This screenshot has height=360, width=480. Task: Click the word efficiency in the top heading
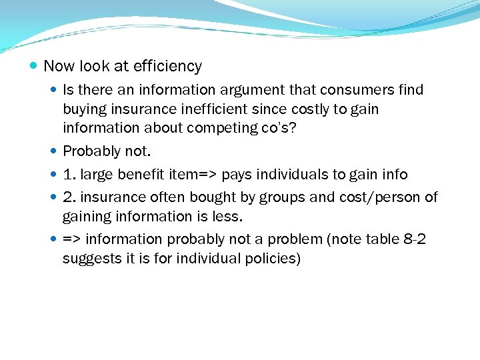pos(167,66)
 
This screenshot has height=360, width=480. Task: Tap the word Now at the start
pos(59,66)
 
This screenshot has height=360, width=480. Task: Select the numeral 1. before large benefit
pos(69,174)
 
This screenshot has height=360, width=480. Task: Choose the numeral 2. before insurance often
pos(69,197)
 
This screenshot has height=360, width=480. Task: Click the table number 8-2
pos(411,239)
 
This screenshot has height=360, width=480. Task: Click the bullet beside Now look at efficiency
pos(34,67)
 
